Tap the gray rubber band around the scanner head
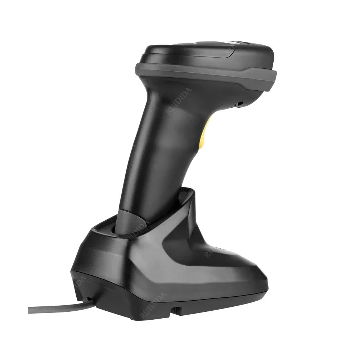205,74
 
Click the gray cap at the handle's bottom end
130,223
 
